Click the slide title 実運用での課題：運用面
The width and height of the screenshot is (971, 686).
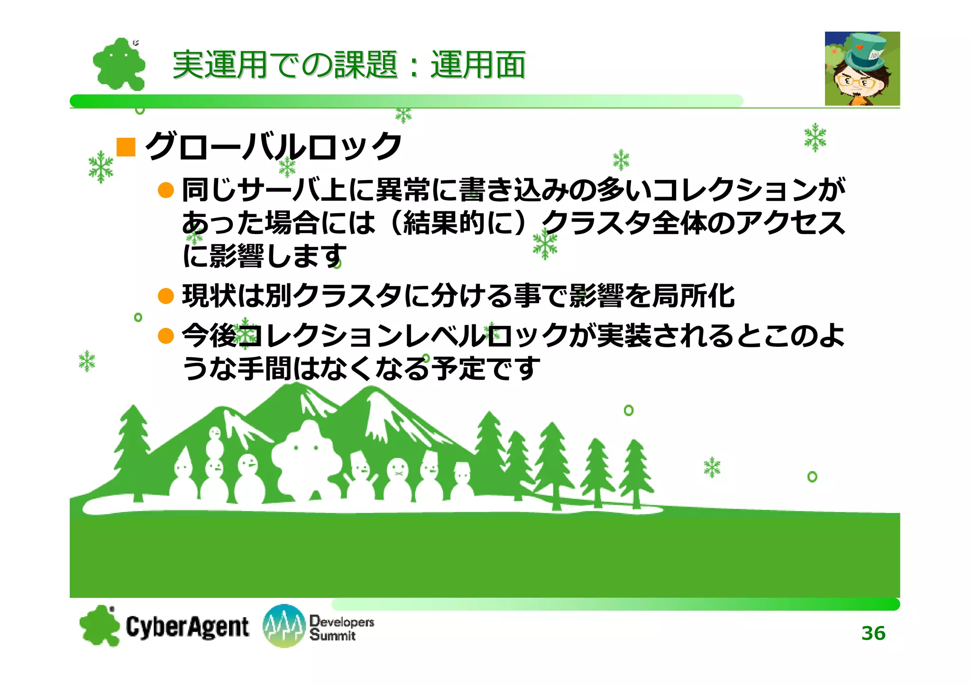pos(348,65)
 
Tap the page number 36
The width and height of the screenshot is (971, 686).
pos(873,633)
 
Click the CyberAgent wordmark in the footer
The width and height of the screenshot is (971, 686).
pos(187,627)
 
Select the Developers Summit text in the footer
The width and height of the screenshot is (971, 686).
pos(341,628)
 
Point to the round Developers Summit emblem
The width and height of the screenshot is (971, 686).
pos(284,626)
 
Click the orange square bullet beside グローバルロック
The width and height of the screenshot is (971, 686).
pos(126,147)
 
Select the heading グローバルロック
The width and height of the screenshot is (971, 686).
pos(274,146)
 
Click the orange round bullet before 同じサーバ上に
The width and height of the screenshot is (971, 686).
pos(166,190)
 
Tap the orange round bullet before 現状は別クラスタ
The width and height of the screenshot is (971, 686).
pos(166,297)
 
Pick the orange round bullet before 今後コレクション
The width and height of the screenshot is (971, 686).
pos(166,336)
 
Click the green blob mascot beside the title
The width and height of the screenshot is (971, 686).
pos(119,64)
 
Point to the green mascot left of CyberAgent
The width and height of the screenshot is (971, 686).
pos(100,626)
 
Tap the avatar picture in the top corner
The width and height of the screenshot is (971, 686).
pos(862,69)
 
